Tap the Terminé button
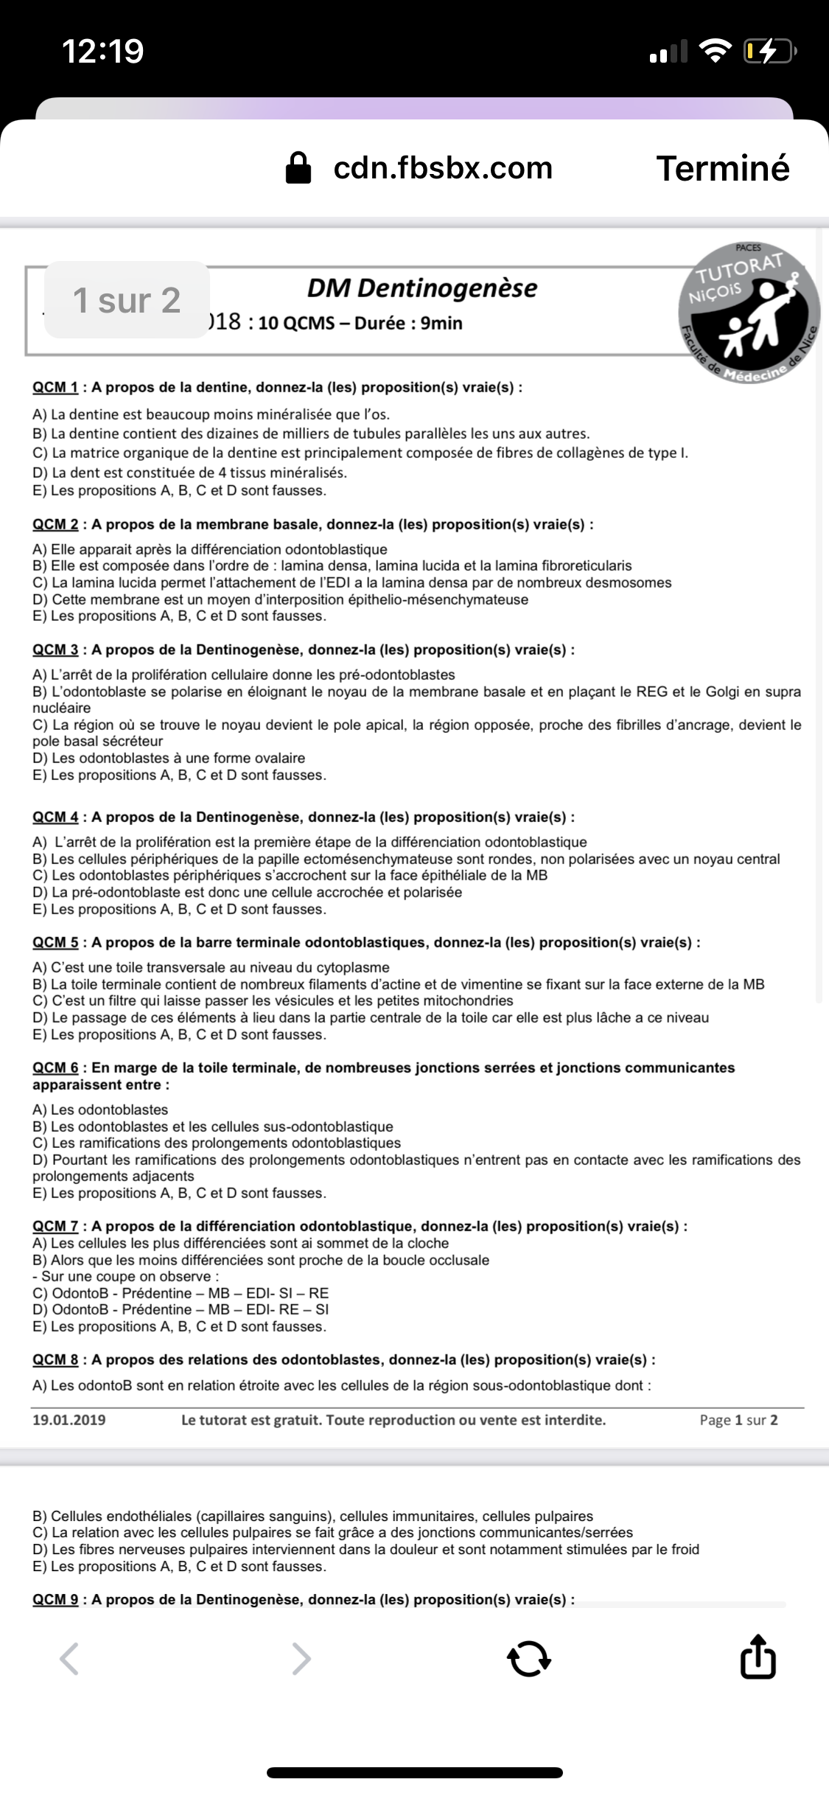(x=722, y=168)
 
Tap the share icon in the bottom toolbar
(x=757, y=1659)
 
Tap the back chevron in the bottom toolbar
(x=69, y=1659)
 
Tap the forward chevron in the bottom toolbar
(x=301, y=1659)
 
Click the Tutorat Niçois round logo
(x=748, y=313)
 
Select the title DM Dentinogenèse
(x=422, y=288)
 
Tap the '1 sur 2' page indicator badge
(x=127, y=300)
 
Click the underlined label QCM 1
(x=55, y=387)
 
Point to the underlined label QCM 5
(x=55, y=942)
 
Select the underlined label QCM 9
(x=55, y=1599)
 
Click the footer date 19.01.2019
(x=69, y=1420)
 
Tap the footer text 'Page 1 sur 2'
(x=738, y=1420)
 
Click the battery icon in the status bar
(x=769, y=51)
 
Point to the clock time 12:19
(x=103, y=51)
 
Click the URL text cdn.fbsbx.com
(x=443, y=168)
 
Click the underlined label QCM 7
(x=55, y=1226)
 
